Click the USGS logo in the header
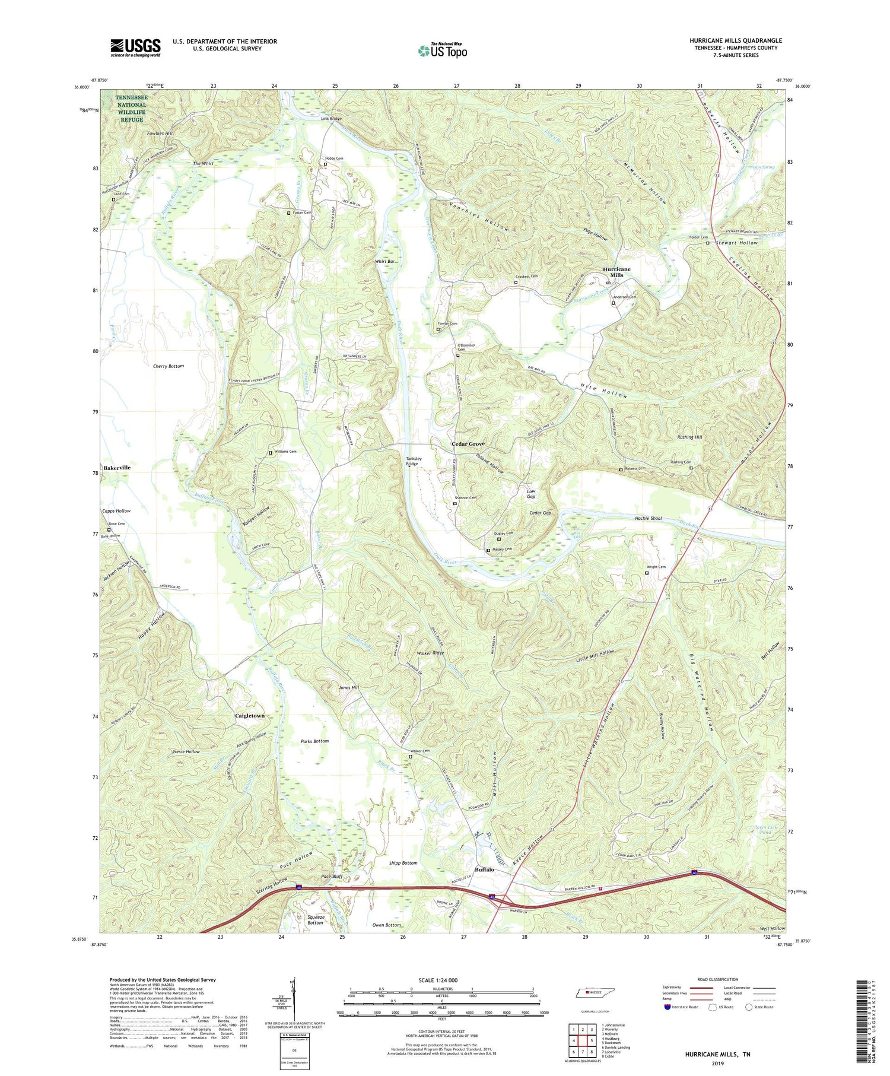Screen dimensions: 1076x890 coord(135,47)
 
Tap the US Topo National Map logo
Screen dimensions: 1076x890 coord(442,50)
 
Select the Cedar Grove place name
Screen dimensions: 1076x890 coord(468,444)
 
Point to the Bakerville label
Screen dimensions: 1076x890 coord(117,468)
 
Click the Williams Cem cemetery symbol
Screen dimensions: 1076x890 coord(271,453)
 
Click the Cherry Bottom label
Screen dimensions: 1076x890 coord(169,366)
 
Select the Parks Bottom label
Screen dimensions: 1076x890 coord(314,741)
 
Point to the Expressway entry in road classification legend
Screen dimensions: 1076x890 coord(674,988)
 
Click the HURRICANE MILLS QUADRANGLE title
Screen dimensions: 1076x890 coord(735,40)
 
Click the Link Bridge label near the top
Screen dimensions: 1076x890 coord(331,119)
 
